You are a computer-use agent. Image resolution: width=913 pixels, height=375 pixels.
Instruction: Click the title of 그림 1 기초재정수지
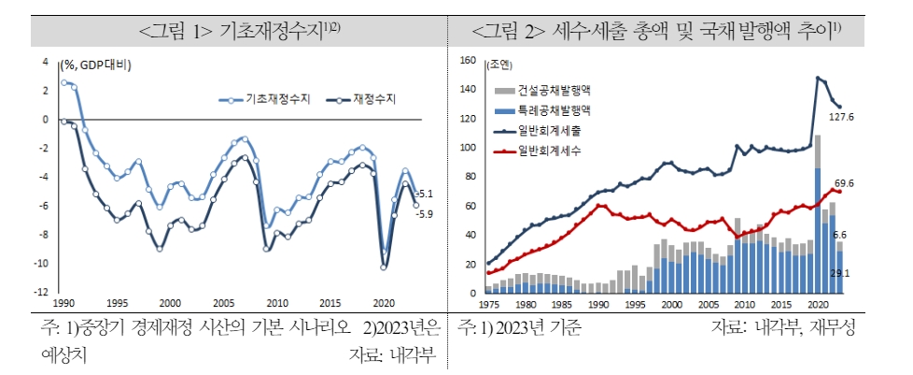[x=238, y=31]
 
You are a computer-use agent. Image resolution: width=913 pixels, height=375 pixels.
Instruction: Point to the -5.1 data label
[x=423, y=194]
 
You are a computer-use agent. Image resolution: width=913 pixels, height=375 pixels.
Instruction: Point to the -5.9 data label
[x=423, y=213]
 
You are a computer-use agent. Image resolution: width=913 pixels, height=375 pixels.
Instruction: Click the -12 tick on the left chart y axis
[x=41, y=292]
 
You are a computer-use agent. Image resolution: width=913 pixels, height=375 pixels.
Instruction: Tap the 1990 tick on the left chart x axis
[x=64, y=304]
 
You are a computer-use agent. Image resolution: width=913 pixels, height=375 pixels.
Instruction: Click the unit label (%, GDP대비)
[x=95, y=65]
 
